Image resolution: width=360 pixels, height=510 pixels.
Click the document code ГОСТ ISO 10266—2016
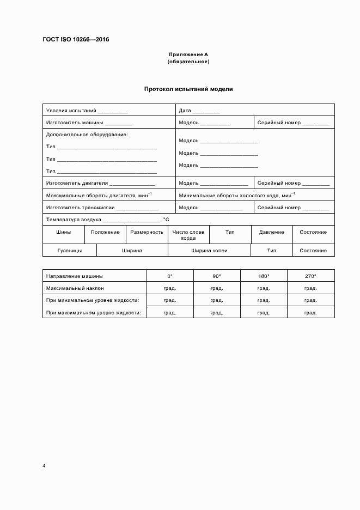click(76, 39)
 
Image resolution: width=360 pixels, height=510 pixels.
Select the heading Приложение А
click(188, 54)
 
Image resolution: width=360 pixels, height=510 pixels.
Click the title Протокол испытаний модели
click(188, 89)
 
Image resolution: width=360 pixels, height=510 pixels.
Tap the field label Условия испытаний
click(71, 111)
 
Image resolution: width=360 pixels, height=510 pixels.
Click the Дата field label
click(185, 111)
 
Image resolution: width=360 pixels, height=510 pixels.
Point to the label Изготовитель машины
click(74, 123)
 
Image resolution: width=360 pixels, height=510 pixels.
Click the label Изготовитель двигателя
click(77, 183)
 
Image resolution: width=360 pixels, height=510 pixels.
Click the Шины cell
click(63, 232)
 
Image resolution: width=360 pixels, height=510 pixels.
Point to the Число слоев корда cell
click(188, 235)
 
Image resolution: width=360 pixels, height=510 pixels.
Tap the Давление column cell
click(271, 232)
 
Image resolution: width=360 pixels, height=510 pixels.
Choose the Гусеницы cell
click(69, 251)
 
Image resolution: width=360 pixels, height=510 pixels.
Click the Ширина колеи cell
click(209, 251)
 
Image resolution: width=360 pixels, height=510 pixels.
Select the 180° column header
click(264, 276)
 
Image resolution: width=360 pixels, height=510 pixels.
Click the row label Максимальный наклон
click(75, 288)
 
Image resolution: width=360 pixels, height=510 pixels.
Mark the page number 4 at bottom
click(44, 466)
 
